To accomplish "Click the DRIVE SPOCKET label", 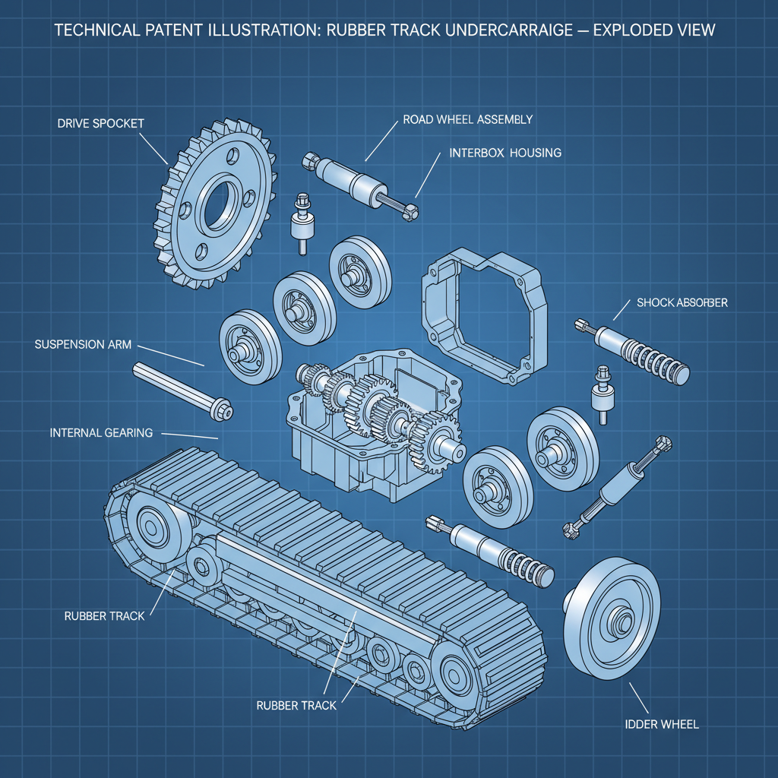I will (100, 123).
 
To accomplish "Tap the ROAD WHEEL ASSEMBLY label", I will (467, 119).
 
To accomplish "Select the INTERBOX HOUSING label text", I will (505, 153).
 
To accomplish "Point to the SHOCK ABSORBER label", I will (682, 302).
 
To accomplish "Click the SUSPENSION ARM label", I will (83, 344).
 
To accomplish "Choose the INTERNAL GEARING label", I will (101, 432).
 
